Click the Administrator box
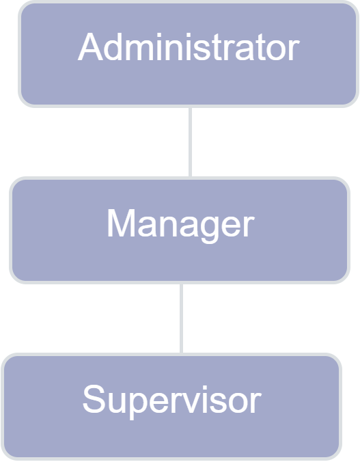(189, 54)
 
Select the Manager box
(180, 230)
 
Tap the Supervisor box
(171, 407)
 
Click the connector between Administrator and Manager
(191, 142)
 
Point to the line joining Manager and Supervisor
(181, 318)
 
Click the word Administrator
(189, 47)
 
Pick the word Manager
(180, 225)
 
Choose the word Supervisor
(171, 400)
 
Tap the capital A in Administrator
(90, 46)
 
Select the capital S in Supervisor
(94, 398)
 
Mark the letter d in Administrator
(113, 47)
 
